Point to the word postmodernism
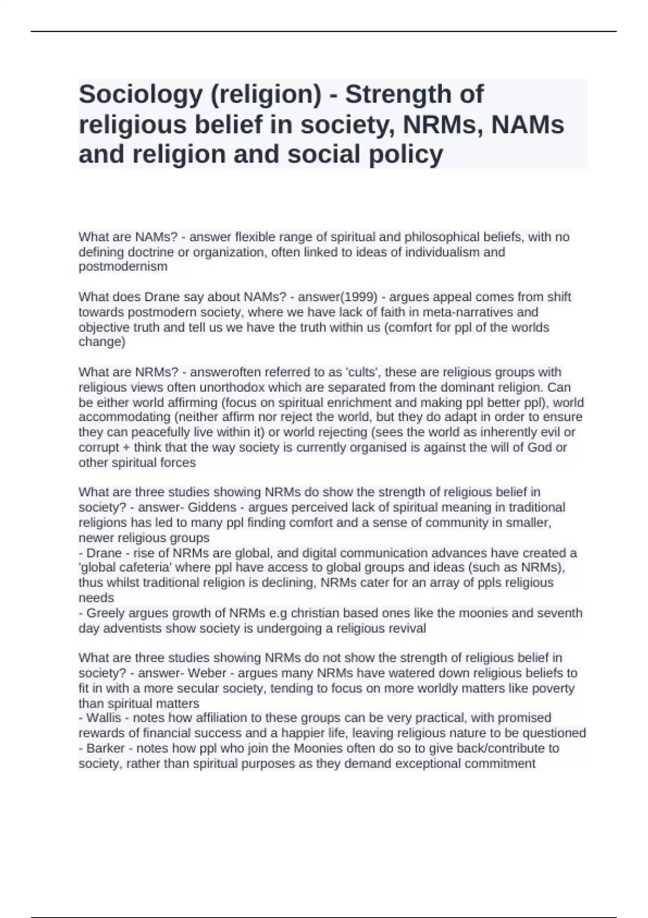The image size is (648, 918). (123, 267)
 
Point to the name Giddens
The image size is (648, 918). (212, 508)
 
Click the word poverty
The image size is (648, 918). (553, 688)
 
